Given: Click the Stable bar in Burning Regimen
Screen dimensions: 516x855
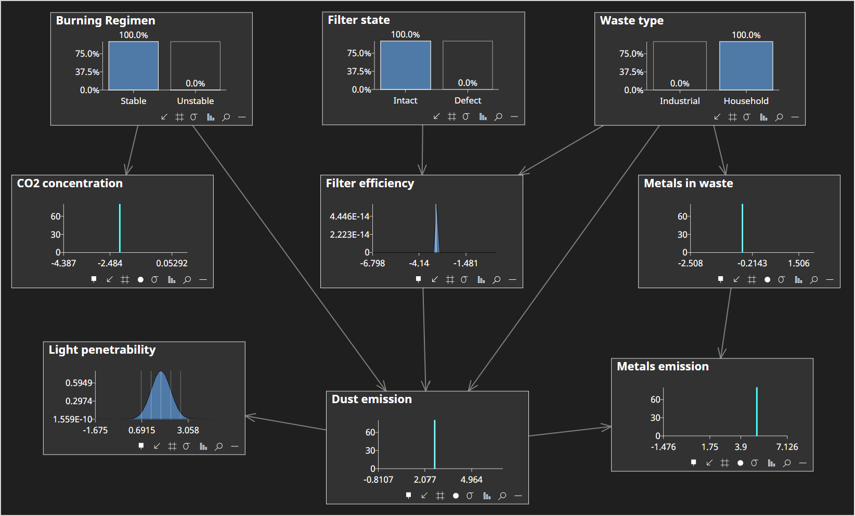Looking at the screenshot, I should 133,66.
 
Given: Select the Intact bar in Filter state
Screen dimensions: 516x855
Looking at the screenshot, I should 405,65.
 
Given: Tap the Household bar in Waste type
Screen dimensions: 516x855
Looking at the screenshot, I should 746,66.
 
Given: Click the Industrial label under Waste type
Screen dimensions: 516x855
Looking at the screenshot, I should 679,101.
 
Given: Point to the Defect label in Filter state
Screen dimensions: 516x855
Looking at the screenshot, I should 468,100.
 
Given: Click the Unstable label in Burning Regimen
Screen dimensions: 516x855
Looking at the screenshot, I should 195,101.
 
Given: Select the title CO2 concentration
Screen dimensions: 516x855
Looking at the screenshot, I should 70,183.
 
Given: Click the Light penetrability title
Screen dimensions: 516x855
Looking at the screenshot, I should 102,350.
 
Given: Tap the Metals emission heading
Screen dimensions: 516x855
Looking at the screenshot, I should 663,366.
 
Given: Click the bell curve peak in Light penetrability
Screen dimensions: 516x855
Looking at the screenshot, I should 161,372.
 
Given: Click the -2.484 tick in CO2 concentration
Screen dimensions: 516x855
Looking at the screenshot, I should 110,263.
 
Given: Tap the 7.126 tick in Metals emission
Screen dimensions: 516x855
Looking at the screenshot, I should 787,447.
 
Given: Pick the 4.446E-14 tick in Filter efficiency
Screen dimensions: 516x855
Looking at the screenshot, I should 349,216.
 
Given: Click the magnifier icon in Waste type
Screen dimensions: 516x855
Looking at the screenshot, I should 779,117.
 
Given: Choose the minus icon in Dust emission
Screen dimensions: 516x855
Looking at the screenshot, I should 518,496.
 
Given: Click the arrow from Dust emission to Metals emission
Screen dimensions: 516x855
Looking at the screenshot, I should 570,431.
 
